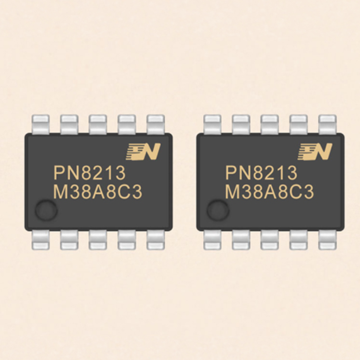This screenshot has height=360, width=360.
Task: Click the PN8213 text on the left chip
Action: click(90, 173)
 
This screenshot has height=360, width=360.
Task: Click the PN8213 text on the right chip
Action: click(261, 173)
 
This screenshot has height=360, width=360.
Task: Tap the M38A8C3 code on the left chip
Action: click(98, 192)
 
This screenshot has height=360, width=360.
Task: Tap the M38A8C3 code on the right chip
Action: click(269, 192)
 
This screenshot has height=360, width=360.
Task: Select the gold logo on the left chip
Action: click(143, 152)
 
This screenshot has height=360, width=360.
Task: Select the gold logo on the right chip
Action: click(315, 152)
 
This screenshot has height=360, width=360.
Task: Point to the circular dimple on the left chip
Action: click(46, 210)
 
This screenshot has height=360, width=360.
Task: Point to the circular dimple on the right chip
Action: click(218, 210)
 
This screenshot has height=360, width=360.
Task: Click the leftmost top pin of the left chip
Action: click(40, 124)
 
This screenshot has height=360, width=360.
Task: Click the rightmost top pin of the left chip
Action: click(156, 124)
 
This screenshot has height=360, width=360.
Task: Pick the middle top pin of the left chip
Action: click(98, 124)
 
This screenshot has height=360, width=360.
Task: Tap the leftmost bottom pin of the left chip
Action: click(40, 240)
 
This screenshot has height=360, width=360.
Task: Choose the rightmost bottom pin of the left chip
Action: click(156, 240)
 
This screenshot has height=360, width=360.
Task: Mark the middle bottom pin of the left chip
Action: click(98, 240)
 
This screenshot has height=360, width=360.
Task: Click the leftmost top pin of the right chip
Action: click(212, 124)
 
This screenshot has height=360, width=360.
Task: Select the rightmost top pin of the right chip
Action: click(327, 124)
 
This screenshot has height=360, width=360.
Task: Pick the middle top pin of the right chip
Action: click(270, 124)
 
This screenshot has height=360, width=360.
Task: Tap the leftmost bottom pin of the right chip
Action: click(212, 240)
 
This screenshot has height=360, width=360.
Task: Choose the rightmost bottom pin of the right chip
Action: click(327, 240)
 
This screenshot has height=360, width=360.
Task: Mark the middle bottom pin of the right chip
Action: click(270, 240)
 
